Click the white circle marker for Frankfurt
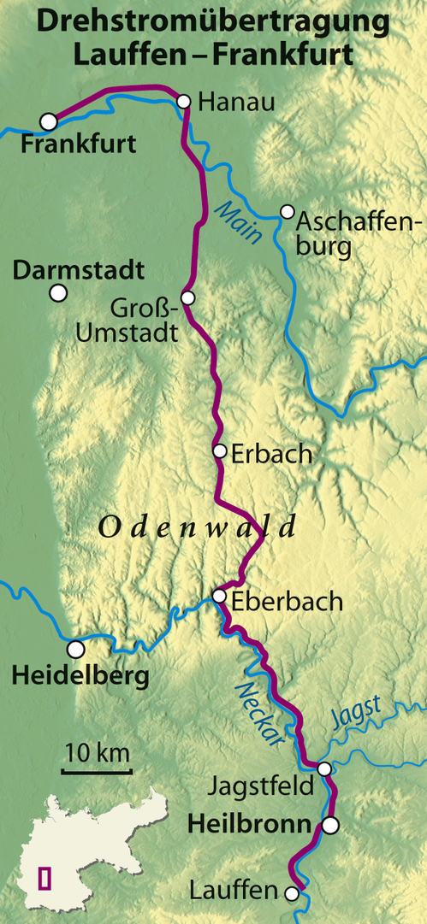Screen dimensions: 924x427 coord(49,121)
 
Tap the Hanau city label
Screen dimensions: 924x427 coord(236,103)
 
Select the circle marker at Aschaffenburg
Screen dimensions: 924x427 coord(288,211)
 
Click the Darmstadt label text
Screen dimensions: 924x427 coord(78,271)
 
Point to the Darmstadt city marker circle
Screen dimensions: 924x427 coord(58,293)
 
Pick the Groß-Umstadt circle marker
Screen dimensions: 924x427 coord(188,297)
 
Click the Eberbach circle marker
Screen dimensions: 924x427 coord(219,596)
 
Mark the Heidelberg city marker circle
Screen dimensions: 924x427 coord(76,649)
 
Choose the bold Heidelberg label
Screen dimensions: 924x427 coord(80,677)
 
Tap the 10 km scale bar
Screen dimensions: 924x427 coord(96,772)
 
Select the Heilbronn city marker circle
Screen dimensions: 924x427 coord(330,825)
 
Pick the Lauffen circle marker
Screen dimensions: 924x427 coord(292,894)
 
